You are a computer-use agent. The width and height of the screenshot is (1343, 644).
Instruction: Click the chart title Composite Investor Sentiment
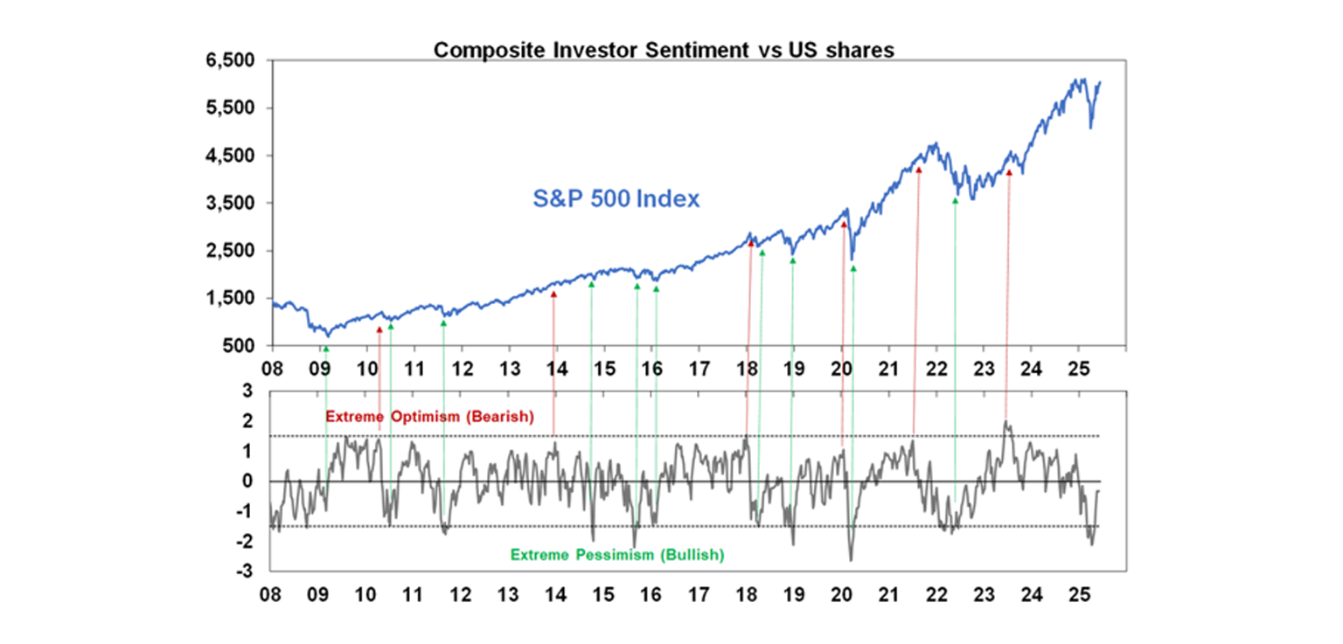pos(664,50)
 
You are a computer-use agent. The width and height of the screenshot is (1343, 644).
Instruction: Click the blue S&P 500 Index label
pos(616,199)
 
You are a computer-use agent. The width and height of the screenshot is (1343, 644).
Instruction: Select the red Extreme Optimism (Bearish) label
pos(428,417)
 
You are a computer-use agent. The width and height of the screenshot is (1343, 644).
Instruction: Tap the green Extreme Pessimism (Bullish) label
pos(616,555)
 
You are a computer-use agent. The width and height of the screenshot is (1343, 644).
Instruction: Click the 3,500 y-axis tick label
pos(231,204)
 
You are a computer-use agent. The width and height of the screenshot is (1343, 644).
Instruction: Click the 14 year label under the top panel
pos(555,368)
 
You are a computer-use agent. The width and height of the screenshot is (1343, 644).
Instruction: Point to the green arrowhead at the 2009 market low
pos(326,349)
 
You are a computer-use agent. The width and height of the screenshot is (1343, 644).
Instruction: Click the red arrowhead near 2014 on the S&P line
pos(553,294)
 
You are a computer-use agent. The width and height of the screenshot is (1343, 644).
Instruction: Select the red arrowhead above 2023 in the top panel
pos(1009,173)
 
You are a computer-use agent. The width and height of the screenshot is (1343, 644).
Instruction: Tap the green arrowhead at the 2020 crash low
pos(852,269)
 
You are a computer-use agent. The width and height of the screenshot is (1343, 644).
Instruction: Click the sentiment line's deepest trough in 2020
pos(850,559)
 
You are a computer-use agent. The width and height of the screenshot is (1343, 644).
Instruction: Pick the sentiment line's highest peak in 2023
pos(1006,422)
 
